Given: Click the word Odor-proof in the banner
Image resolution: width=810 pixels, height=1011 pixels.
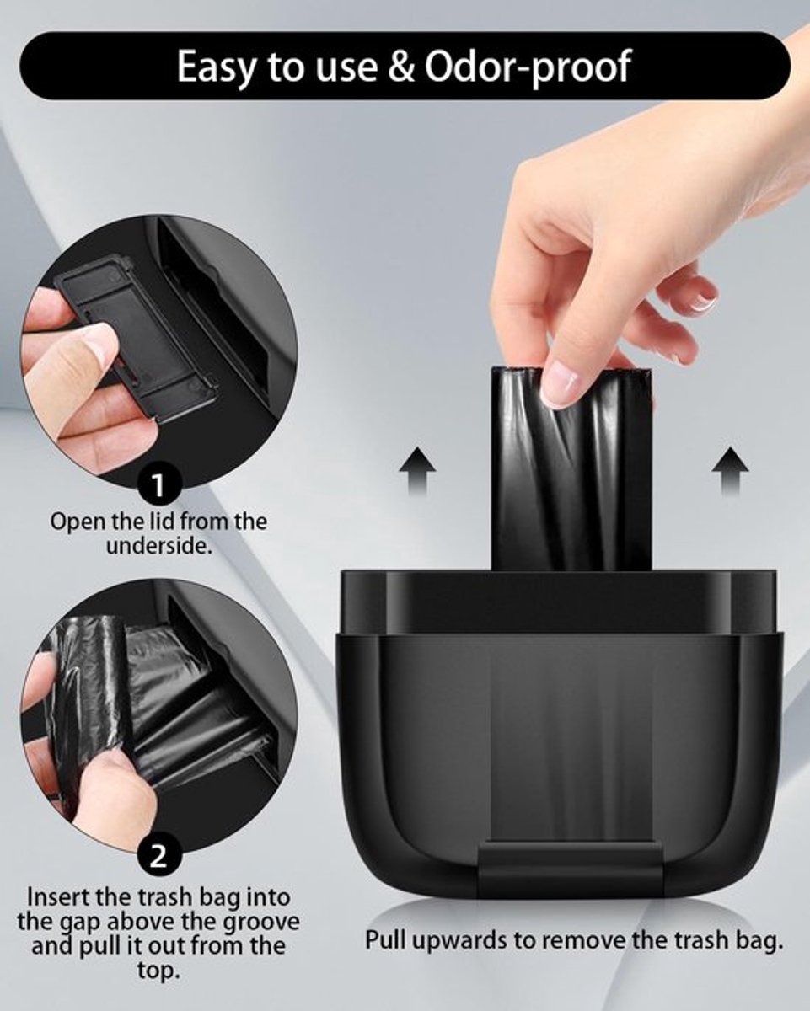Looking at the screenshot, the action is (528, 67).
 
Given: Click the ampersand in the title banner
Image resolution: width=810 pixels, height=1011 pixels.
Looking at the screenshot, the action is (401, 67).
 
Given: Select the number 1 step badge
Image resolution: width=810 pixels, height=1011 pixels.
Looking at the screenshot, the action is (158, 484).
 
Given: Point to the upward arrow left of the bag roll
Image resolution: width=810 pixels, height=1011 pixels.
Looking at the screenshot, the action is (417, 471).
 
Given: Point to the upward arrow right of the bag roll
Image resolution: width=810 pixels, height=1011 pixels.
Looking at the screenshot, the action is (730, 471).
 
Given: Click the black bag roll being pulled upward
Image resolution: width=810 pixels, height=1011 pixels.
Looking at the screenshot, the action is (571, 470).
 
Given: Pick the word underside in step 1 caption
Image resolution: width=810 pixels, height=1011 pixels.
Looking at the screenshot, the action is (158, 546).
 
